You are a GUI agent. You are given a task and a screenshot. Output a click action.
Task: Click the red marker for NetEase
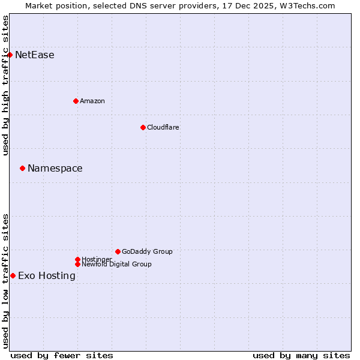click(10, 55)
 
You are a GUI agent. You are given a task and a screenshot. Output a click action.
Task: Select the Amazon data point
click(76, 101)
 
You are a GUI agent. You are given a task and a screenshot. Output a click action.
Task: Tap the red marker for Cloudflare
click(143, 127)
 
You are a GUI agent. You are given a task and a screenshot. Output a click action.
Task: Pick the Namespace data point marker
click(22, 168)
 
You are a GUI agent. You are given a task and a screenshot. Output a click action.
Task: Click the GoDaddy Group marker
click(118, 251)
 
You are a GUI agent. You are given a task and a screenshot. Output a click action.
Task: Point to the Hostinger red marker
click(77, 259)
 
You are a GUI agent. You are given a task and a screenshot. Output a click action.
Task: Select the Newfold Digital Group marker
click(77, 264)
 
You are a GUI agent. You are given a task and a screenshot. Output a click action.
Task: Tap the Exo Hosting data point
click(13, 275)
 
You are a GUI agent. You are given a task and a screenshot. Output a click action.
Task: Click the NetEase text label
click(35, 55)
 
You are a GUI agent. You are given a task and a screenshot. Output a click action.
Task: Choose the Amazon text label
click(92, 101)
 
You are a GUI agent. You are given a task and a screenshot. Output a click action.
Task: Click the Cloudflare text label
click(163, 127)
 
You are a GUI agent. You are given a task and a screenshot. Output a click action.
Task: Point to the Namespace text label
click(55, 169)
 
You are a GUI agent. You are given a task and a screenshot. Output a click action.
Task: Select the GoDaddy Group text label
click(147, 251)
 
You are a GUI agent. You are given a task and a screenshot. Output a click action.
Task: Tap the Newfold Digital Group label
click(116, 264)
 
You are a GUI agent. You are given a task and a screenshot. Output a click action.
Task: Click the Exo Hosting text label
click(47, 276)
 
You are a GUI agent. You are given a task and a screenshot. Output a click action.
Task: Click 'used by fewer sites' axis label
click(62, 355)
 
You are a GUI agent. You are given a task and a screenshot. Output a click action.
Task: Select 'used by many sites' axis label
click(301, 355)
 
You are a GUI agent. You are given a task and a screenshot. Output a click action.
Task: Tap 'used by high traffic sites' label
click(6, 85)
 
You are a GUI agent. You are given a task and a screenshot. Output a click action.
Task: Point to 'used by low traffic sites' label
click(6, 281)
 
